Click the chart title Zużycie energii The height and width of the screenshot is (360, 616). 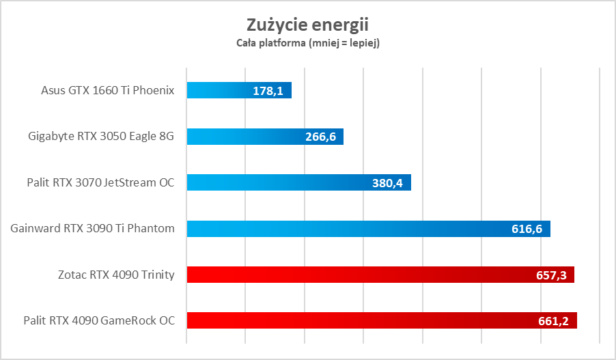[307, 25]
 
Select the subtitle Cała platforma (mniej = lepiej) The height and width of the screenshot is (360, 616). [307, 44]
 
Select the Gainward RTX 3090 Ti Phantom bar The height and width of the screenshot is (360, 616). [341, 229]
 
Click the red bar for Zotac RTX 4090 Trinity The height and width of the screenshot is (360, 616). [355, 275]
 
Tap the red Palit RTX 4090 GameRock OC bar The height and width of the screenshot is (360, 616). [355, 320]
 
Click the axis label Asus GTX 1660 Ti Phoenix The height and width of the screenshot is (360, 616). [108, 90]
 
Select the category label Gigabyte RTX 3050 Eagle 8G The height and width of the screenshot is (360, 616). [101, 137]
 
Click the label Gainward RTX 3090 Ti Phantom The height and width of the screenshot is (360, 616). [93, 229]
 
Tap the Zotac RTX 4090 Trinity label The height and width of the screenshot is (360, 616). [117, 275]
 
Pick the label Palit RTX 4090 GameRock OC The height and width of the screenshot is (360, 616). [99, 320]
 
